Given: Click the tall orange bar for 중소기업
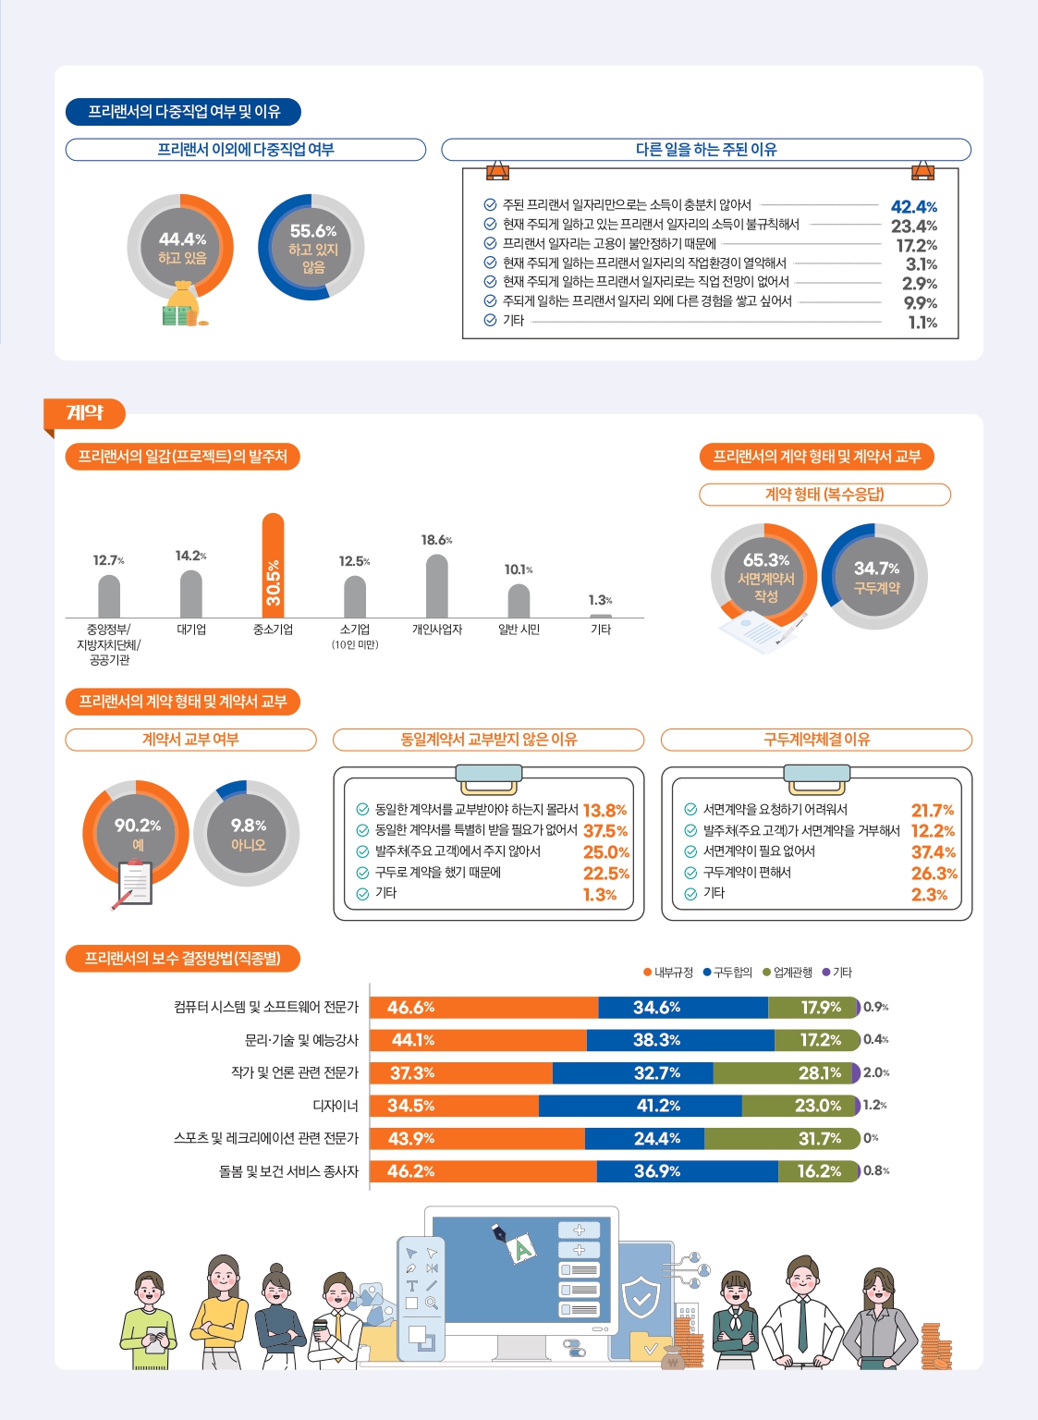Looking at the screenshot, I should pyautogui.click(x=273, y=566).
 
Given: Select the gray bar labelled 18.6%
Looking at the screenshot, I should pyautogui.click(x=436, y=586).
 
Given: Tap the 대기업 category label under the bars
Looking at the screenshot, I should pyautogui.click(x=191, y=630).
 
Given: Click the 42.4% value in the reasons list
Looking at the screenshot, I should pyautogui.click(x=913, y=207).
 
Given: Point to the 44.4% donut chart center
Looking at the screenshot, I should pyautogui.click(x=181, y=248).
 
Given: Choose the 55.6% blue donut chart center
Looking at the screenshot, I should pyautogui.click(x=312, y=248).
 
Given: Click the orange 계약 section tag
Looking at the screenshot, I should pyautogui.click(x=85, y=413).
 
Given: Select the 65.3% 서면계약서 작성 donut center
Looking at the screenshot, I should pyautogui.click(x=765, y=577).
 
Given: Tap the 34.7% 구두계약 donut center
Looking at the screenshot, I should pyautogui.click(x=875, y=577).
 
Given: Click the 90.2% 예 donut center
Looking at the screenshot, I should pyautogui.click(x=137, y=834).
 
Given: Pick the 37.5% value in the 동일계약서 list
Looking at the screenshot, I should pyautogui.click(x=605, y=831).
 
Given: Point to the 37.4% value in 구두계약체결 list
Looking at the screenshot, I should pyautogui.click(x=934, y=852).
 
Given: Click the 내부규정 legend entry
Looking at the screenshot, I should pyautogui.click(x=668, y=973).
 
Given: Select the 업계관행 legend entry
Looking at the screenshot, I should pyautogui.click(x=788, y=973).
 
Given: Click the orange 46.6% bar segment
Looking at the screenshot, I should pyautogui.click(x=483, y=1008).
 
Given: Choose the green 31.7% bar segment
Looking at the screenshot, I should pyautogui.click(x=782, y=1139).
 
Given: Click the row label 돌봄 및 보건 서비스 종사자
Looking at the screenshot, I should pyautogui.click(x=288, y=1171).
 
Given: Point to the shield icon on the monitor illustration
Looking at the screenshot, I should pyautogui.click(x=641, y=1298).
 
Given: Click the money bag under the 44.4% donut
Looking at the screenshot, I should pyautogui.click(x=183, y=305).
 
